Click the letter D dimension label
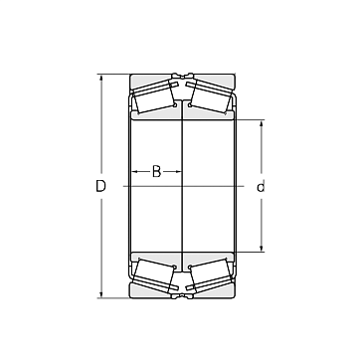pyautogui.click(x=100, y=186)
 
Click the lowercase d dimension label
pyautogui.click(x=261, y=187)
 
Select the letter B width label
pyautogui.click(x=156, y=171)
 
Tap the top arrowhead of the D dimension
pyautogui.click(x=101, y=78)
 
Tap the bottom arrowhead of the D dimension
pyautogui.click(x=101, y=294)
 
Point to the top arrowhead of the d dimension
pyautogui.click(x=262, y=124)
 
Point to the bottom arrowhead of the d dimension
pyautogui.click(x=262, y=248)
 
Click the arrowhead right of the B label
pyautogui.click(x=178, y=171)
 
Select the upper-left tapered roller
pyautogui.click(x=153, y=96)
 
